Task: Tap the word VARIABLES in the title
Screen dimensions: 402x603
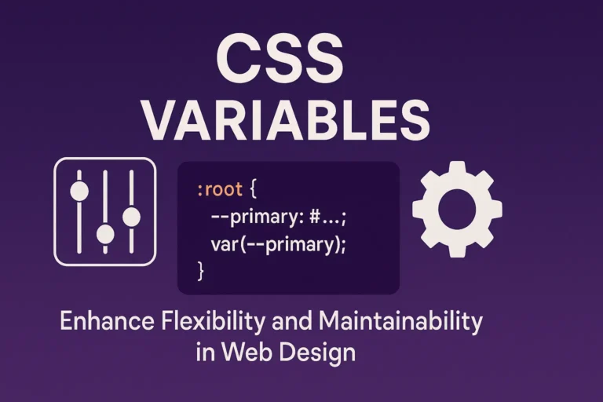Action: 287,123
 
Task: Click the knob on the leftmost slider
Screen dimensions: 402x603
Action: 79,191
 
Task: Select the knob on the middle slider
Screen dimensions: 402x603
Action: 105,234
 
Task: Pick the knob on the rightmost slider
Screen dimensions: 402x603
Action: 131,216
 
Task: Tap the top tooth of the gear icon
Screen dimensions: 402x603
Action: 457,169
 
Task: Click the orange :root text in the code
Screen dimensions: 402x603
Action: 221,189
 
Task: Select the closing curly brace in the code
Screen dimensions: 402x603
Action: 200,270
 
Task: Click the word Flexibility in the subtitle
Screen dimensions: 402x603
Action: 203,321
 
